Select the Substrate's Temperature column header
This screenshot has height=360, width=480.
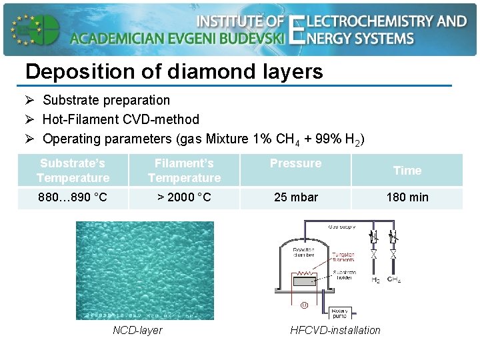[x=73, y=171]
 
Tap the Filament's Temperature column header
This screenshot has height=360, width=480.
[x=184, y=171]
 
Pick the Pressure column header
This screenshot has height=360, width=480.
[x=295, y=163]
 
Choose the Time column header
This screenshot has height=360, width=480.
[x=407, y=171]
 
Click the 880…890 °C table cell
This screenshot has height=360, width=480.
[x=73, y=197]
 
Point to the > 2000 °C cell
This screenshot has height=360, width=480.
[x=184, y=197]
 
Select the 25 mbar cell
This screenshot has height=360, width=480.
[x=295, y=197]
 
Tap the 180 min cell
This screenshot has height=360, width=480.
[x=407, y=197]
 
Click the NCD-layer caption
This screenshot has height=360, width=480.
[x=137, y=330]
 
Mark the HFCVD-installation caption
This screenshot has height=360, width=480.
[x=335, y=330]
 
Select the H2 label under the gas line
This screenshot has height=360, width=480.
[x=376, y=280]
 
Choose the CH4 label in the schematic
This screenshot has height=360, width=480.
[x=393, y=280]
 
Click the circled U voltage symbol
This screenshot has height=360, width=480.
[x=304, y=305]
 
